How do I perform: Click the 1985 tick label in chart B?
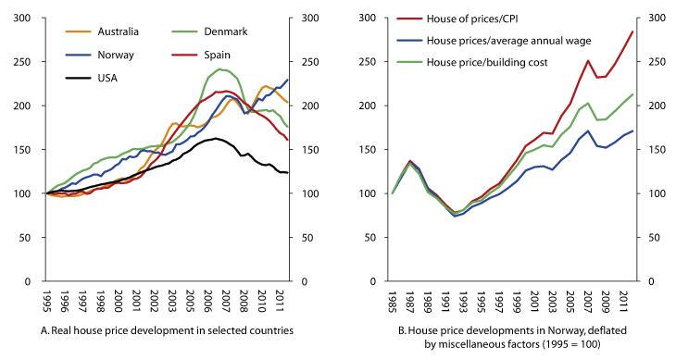393,303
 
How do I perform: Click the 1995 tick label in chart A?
44,303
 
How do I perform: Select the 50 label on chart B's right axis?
657,238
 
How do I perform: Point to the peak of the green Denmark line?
219,68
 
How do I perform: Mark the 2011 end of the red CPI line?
633,31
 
